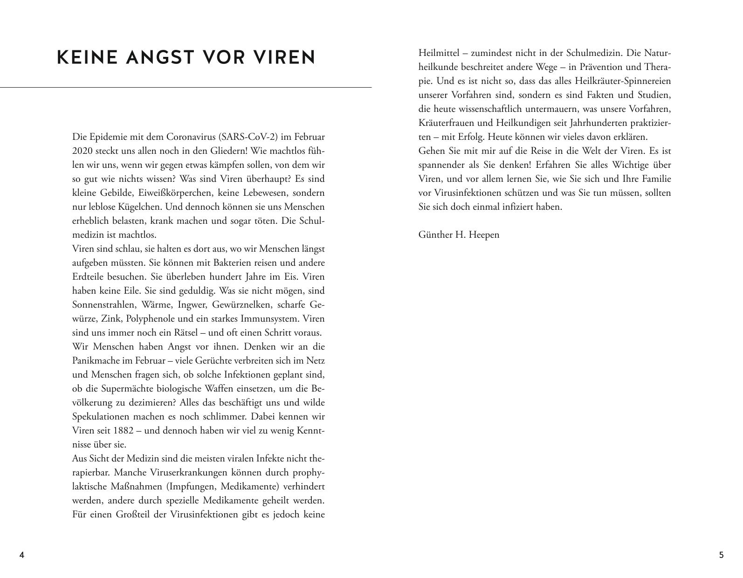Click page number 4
21,555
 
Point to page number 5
722,555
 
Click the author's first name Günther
435,235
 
